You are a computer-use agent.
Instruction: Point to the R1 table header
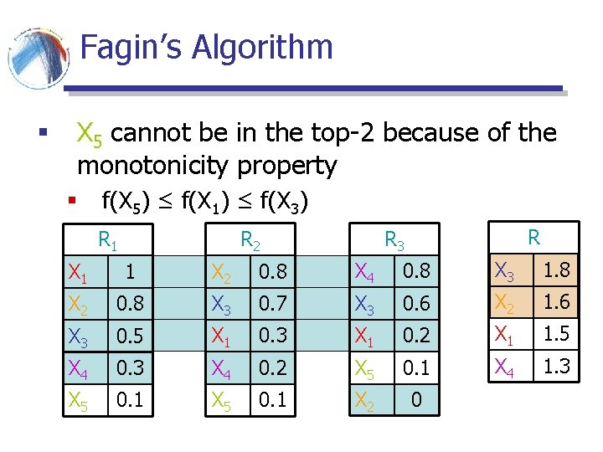[x=108, y=241]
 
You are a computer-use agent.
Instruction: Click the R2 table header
[x=250, y=241]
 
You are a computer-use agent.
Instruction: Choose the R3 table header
[x=394, y=242]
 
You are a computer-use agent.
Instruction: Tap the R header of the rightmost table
[x=533, y=237]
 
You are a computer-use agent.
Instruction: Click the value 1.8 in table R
[x=556, y=270]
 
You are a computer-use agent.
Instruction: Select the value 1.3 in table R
[x=556, y=365]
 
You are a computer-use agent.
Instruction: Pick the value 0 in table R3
[x=415, y=400]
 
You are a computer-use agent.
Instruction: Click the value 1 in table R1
[x=129, y=272]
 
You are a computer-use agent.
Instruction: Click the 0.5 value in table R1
[x=129, y=336]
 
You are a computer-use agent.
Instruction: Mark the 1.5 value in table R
[x=556, y=333]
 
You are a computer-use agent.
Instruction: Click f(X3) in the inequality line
[x=285, y=201]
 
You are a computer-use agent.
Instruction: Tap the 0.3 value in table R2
[x=272, y=336]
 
